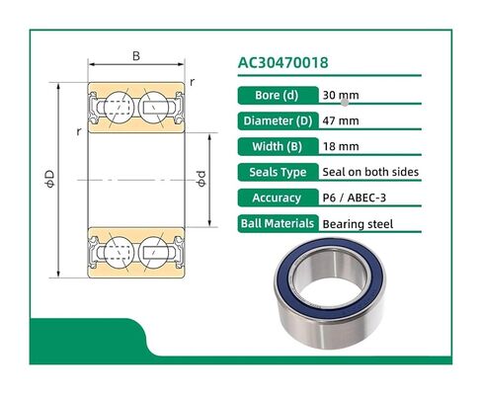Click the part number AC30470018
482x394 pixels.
(x=288, y=63)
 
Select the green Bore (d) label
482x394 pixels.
(x=277, y=96)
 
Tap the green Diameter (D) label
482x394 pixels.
(x=277, y=121)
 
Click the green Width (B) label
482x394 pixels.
(x=277, y=146)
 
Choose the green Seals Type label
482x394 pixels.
(x=277, y=172)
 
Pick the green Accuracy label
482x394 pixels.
(x=277, y=197)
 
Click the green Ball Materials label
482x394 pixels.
(x=277, y=223)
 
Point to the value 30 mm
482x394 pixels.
(x=338, y=96)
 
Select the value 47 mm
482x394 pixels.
(x=341, y=121)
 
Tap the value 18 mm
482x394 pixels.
(x=341, y=146)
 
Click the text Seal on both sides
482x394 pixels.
(x=370, y=172)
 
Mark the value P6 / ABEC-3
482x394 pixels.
(x=358, y=197)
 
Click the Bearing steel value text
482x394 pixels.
(x=358, y=224)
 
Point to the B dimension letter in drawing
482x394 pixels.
(x=136, y=56)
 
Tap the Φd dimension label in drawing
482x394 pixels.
(x=202, y=181)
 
